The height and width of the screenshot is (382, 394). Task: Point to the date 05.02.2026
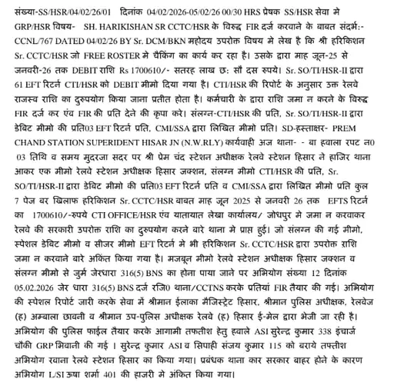point(26,287)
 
